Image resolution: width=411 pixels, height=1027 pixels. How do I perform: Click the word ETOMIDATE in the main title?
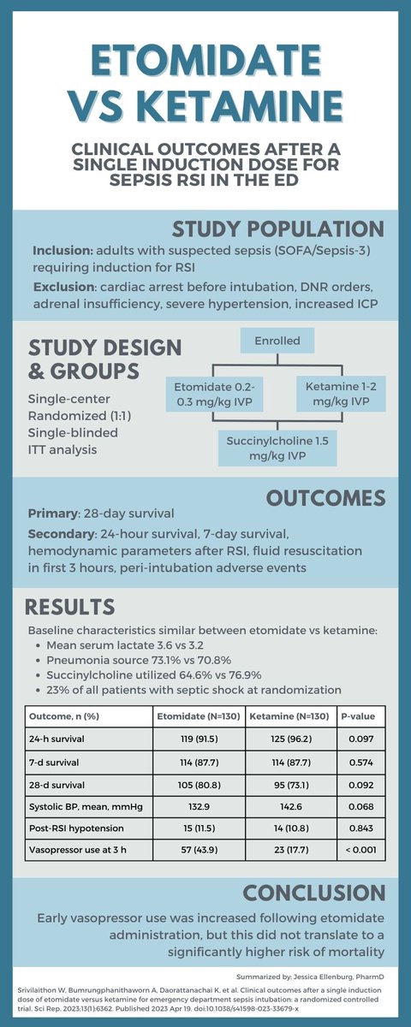[205, 64]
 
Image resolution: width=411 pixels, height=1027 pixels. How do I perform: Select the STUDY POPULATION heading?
[277, 229]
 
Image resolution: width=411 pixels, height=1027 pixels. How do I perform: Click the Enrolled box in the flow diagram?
[277, 341]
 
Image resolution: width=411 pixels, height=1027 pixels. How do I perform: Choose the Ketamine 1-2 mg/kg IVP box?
[337, 393]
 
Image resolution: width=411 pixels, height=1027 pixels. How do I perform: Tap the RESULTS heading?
[69, 607]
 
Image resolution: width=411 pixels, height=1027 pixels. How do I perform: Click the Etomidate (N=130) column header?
[198, 715]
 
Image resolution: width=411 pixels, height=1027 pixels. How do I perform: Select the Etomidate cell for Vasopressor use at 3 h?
[198, 849]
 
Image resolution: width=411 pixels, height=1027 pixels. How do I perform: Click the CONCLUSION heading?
[312, 893]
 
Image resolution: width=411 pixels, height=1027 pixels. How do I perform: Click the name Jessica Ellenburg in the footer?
[329, 976]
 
